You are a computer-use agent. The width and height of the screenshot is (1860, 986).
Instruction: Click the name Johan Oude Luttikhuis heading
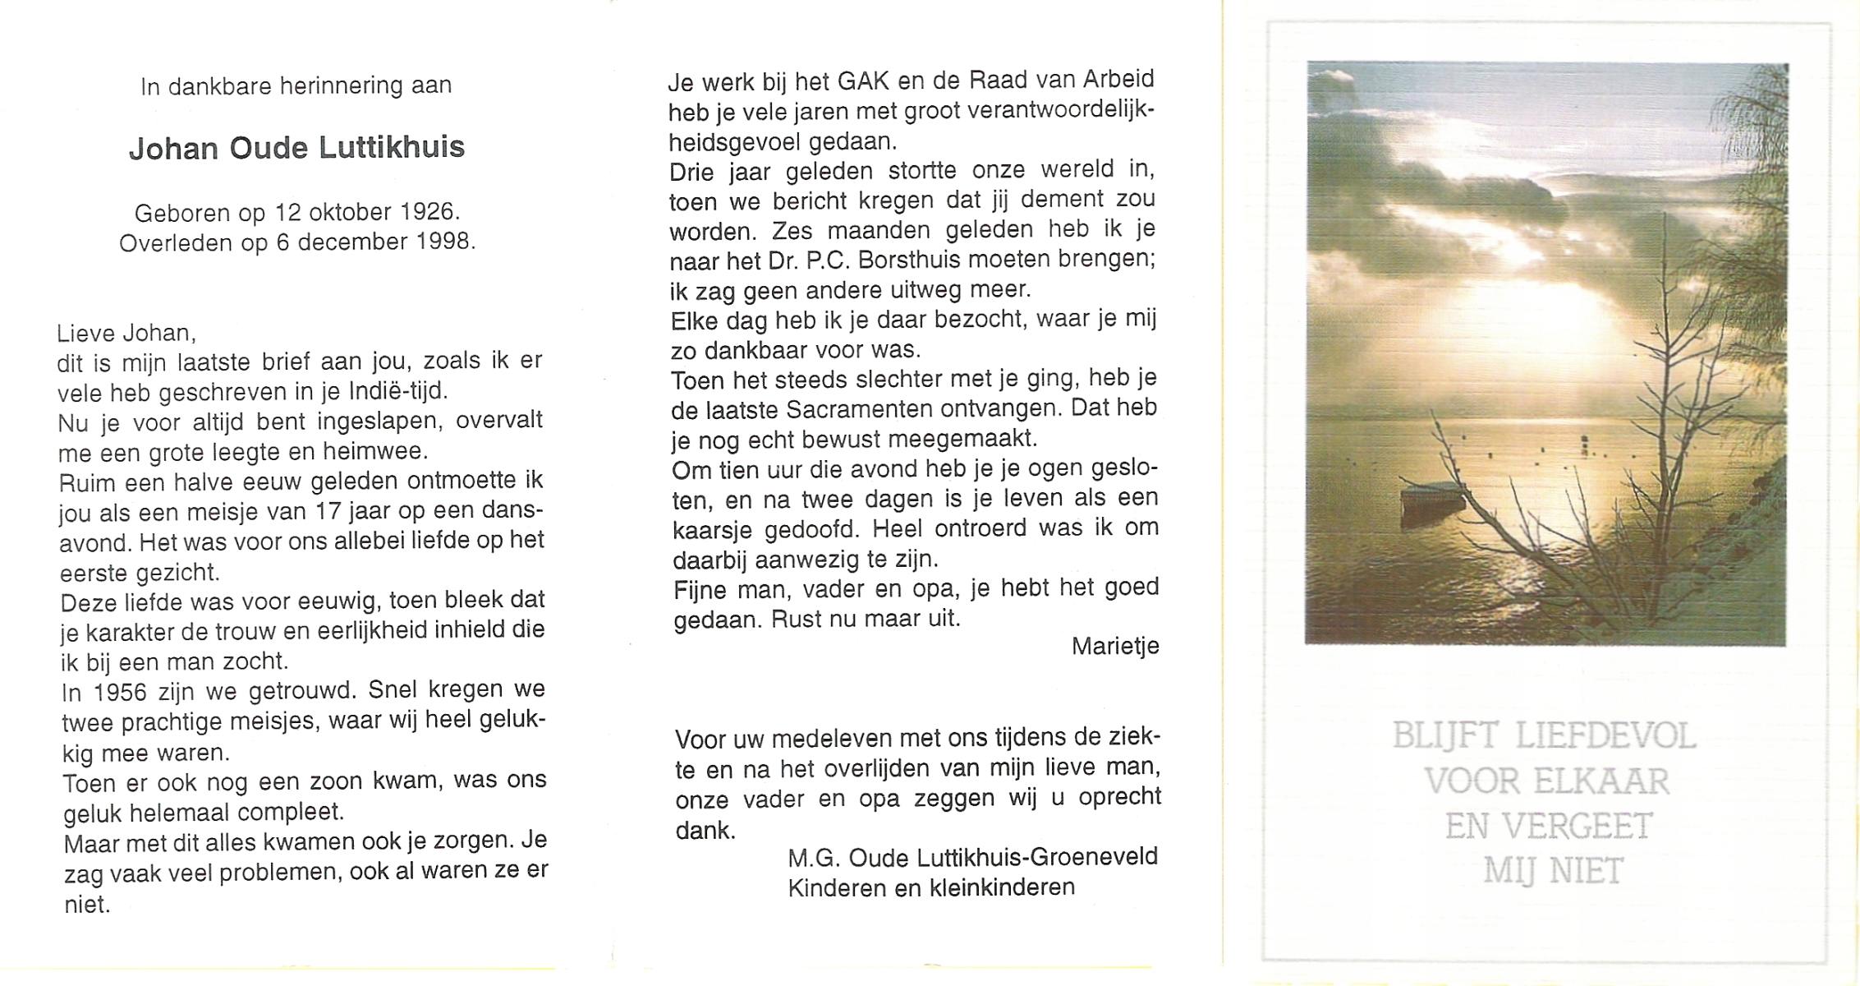tap(296, 148)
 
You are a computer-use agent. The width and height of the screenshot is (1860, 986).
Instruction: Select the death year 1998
tap(443, 242)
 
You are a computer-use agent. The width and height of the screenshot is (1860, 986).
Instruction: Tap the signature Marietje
tap(1115, 647)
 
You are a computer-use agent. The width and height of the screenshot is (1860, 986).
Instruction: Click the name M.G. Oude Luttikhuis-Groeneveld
tap(972, 858)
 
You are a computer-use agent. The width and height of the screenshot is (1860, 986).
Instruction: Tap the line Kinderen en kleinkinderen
tap(931, 888)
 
